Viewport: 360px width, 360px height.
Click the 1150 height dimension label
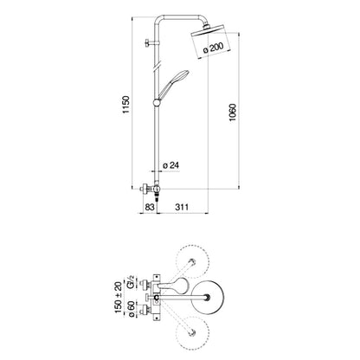pyautogui.click(x=126, y=105)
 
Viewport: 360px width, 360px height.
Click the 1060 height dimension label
pyautogui.click(x=233, y=112)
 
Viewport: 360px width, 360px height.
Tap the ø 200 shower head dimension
pyautogui.click(x=214, y=48)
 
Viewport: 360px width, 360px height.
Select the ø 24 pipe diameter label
pyautogui.click(x=170, y=165)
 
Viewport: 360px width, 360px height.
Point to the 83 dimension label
pyautogui.click(x=149, y=207)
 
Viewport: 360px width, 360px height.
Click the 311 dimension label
pyautogui.click(x=182, y=207)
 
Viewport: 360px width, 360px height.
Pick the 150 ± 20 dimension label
pyautogui.click(x=119, y=298)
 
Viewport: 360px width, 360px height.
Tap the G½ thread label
pyautogui.click(x=131, y=282)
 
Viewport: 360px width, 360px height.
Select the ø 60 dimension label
pyautogui.click(x=131, y=309)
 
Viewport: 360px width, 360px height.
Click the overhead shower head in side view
pyautogui.click(x=211, y=41)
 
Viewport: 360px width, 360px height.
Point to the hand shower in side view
pyautogui.click(x=172, y=84)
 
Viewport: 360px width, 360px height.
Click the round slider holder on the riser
pyautogui.click(x=157, y=102)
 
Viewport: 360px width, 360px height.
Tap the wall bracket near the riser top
pyautogui.click(x=151, y=43)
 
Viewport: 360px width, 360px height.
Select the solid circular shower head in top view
pyautogui.click(x=208, y=298)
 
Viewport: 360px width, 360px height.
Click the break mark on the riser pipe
pyautogui.click(x=157, y=66)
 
